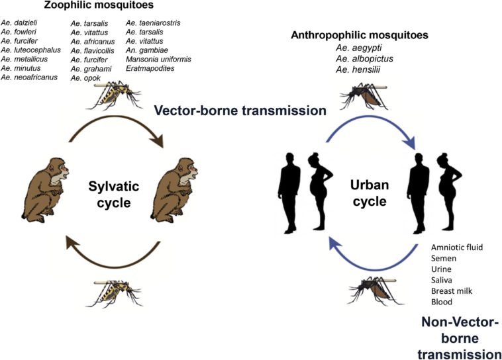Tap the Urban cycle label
(x=369, y=194)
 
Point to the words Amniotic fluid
(x=456, y=247)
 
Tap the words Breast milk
(x=452, y=291)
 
